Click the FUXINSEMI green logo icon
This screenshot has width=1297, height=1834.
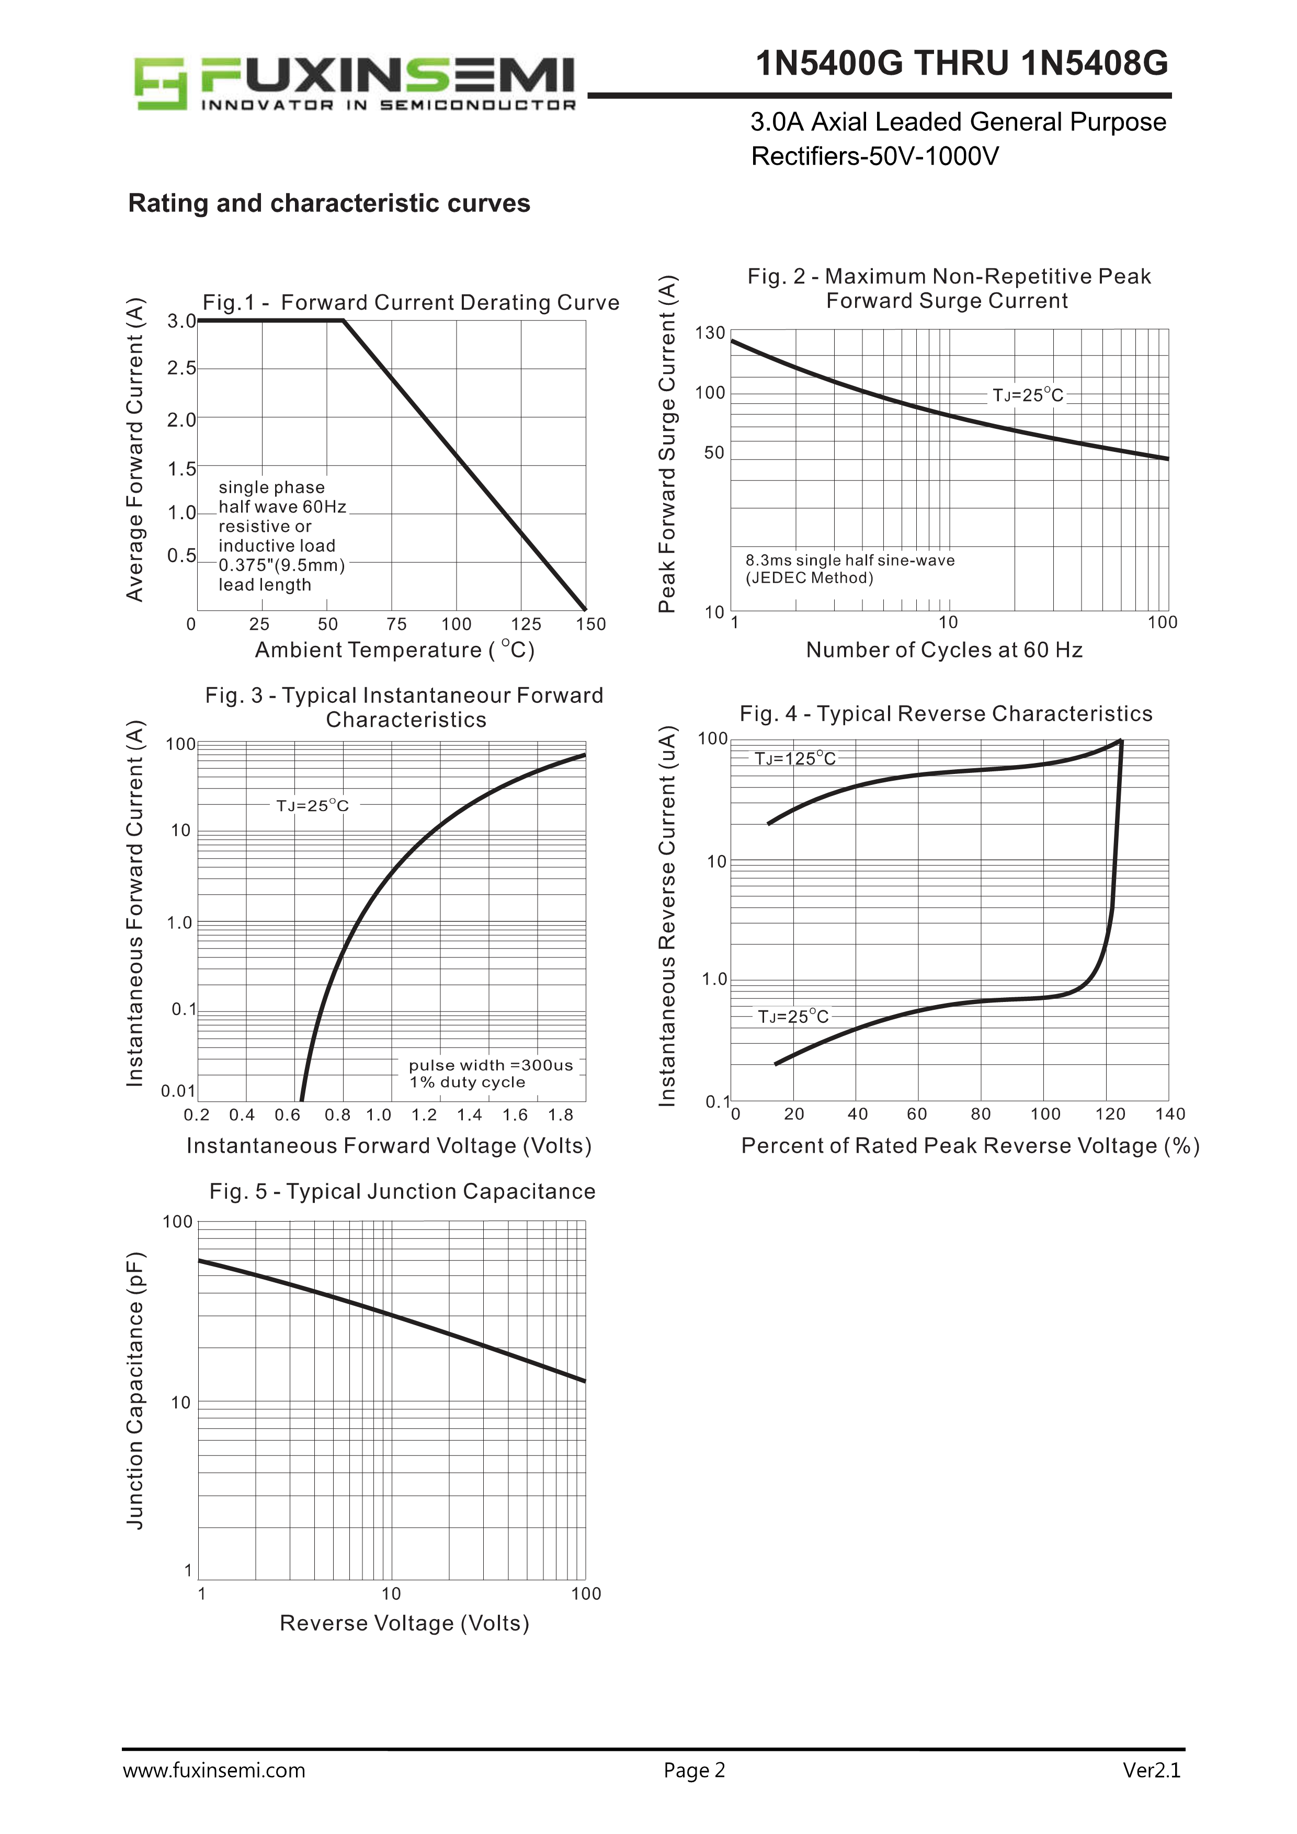pos(160,83)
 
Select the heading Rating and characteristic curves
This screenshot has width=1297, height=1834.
pos(328,203)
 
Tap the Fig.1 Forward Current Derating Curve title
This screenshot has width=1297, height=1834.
pos(411,303)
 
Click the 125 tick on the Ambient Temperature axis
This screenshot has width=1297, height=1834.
pos(526,624)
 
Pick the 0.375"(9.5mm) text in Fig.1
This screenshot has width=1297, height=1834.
pos(281,565)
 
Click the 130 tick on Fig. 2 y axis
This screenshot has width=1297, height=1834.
pos(710,333)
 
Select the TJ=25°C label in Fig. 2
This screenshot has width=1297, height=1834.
pos(1028,395)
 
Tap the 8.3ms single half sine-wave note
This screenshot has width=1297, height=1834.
pos(850,561)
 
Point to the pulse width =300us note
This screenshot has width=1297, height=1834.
pos(491,1066)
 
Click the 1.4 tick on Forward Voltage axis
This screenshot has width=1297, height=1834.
pos(470,1115)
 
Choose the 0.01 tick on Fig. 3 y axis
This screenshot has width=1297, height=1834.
pos(178,1091)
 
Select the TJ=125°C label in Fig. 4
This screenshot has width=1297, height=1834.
pos(794,759)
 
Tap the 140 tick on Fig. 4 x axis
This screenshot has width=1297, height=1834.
pos(1170,1114)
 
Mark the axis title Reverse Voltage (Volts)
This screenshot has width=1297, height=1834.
pos(404,1623)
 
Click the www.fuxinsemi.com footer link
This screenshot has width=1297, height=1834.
pos(213,1793)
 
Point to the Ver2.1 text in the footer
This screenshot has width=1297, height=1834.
pos(1151,1793)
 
